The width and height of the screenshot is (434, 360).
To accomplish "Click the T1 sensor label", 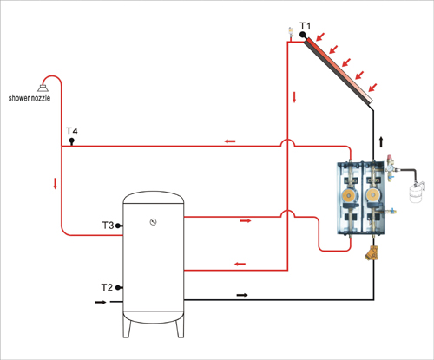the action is [x=305, y=26].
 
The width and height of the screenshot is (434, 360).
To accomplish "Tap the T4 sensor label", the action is [x=72, y=131].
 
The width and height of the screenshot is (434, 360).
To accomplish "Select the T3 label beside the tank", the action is [x=108, y=226].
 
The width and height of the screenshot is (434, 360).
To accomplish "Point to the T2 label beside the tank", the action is [x=107, y=287].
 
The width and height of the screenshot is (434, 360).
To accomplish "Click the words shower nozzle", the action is [x=30, y=98].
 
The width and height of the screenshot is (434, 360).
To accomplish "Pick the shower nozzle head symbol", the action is [x=43, y=88].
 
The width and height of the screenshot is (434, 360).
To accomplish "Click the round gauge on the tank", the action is [x=153, y=222].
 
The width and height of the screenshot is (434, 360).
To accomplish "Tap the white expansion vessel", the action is [x=417, y=192].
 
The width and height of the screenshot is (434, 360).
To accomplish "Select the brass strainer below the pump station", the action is [x=372, y=252].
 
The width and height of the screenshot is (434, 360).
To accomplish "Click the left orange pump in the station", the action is [x=349, y=196].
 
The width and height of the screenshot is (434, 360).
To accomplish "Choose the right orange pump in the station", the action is [x=373, y=196].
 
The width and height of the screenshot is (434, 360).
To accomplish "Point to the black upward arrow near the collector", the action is [x=381, y=141].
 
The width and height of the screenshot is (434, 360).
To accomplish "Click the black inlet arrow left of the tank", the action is [x=101, y=302].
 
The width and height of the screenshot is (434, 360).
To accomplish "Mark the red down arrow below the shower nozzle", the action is [x=55, y=184].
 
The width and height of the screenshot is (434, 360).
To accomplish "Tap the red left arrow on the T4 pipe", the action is [x=230, y=141].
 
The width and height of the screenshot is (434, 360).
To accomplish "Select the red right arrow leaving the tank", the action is [x=246, y=221].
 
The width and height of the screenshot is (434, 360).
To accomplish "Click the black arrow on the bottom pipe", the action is [x=242, y=295].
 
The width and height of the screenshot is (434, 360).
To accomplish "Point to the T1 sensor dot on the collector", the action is [x=303, y=35].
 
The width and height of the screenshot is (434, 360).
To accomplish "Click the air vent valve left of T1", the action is [x=291, y=33].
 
